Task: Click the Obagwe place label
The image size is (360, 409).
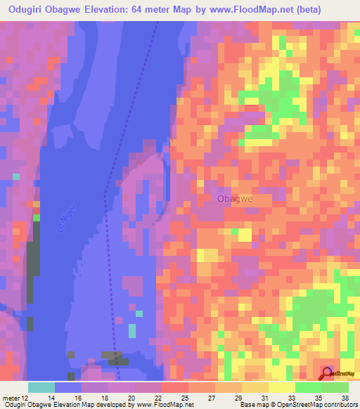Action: (235, 199)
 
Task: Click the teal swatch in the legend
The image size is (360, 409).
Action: (41, 387)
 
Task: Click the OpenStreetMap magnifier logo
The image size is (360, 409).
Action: (327, 372)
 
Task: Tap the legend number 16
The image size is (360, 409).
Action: (83, 398)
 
